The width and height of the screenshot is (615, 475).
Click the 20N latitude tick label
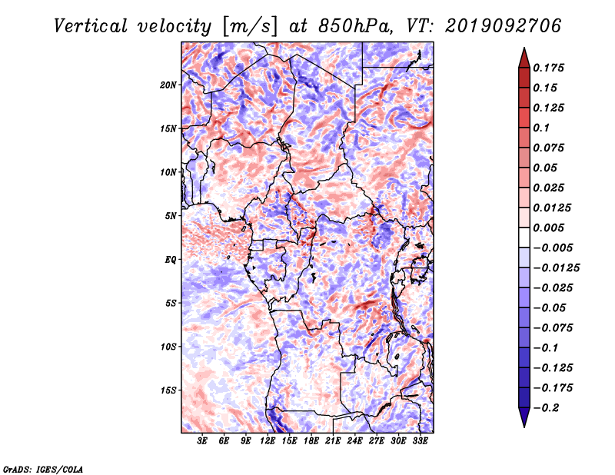(x=168, y=85)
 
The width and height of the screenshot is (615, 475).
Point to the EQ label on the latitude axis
(x=171, y=260)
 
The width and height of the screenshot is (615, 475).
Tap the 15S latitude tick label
(x=168, y=390)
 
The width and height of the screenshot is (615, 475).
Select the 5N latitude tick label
(x=171, y=216)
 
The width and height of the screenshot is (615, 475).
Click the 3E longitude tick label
(x=202, y=440)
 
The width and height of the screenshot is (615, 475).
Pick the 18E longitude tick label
(x=311, y=440)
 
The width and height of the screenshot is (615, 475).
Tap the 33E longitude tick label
(x=420, y=440)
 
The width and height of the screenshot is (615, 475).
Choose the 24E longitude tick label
(x=354, y=440)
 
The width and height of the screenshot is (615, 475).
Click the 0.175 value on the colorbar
(x=548, y=68)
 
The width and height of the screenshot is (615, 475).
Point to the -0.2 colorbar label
(x=546, y=408)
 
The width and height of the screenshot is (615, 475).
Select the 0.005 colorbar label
(x=548, y=228)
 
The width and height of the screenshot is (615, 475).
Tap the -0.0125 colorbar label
(x=556, y=268)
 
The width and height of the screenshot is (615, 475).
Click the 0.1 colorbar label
(x=541, y=128)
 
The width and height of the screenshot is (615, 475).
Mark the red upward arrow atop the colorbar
(x=524, y=58)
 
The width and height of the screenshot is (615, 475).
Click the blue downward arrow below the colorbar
(x=524, y=417)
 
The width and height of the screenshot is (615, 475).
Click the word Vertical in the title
(x=91, y=26)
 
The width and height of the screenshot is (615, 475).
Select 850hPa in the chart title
(x=355, y=26)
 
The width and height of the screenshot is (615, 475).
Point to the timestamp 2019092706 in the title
(x=504, y=26)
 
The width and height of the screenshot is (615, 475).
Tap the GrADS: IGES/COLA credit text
(x=43, y=469)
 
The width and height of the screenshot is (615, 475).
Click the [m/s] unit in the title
(x=249, y=27)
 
